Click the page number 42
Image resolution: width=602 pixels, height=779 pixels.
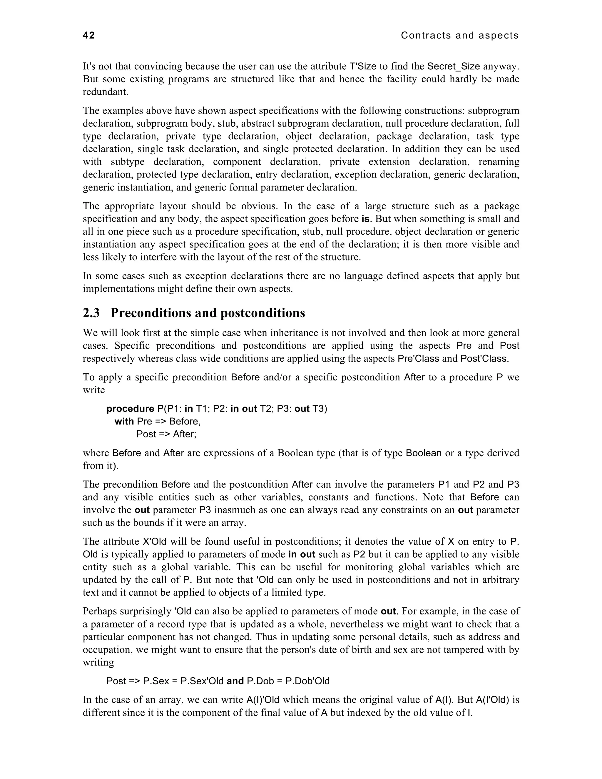tap(89, 35)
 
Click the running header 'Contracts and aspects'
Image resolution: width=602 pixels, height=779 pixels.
tap(459, 35)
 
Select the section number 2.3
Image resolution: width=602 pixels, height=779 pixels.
tap(91, 313)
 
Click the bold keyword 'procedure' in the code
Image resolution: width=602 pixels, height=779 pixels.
tap(130, 408)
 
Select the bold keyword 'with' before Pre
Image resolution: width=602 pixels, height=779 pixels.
tap(124, 421)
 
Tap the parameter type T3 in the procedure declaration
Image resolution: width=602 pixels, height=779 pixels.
tap(320, 408)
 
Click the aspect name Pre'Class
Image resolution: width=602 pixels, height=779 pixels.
tap(418, 358)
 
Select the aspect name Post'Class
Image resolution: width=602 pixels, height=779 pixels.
tap(483, 358)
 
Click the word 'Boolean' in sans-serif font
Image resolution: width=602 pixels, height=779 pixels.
tap(424, 453)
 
